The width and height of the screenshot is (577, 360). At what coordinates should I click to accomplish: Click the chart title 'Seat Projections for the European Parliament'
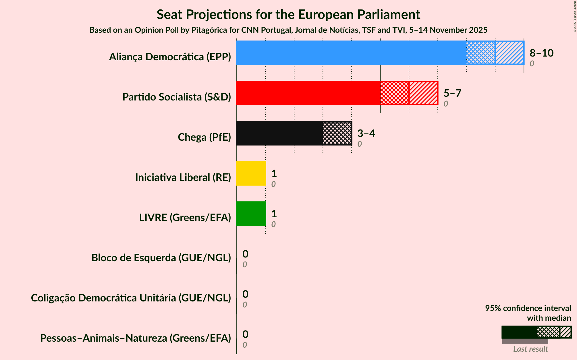[288, 14]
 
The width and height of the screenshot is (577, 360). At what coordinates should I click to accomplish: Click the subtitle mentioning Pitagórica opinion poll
[288, 30]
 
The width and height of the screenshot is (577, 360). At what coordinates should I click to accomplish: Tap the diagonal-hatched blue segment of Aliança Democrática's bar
[510, 53]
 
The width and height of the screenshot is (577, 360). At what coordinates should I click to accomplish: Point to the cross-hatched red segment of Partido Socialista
[394, 93]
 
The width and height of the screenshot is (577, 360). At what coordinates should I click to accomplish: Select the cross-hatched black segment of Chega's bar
[337, 133]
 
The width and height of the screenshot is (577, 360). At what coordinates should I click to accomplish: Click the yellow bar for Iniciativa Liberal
[251, 173]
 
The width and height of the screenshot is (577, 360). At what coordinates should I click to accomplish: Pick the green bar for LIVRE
[251, 214]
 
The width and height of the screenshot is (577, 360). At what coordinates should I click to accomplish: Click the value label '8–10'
[541, 53]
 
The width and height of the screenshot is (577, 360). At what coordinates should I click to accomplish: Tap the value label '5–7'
[452, 93]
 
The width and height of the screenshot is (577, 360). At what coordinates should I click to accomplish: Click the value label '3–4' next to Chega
[366, 133]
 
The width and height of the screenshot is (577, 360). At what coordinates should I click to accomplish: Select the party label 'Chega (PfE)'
[204, 137]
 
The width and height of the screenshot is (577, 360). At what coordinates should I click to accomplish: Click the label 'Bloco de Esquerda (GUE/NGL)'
[161, 258]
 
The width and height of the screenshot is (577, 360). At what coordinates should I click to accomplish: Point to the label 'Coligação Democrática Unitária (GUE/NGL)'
[131, 298]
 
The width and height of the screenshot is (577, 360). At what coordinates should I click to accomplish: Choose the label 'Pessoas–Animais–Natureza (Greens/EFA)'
[136, 338]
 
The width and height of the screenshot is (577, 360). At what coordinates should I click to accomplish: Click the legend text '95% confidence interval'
[528, 308]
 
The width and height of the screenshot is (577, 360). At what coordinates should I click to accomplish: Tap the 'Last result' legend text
[530, 349]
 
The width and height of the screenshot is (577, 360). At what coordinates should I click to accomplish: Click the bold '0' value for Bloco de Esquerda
[245, 254]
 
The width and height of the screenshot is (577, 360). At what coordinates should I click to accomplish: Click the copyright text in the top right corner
[575, 16]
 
